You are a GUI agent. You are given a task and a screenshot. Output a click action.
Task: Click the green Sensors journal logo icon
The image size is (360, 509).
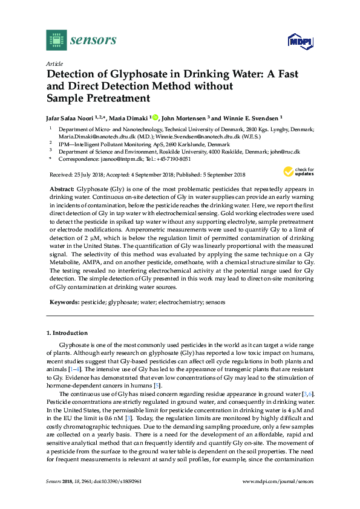click(56, 40)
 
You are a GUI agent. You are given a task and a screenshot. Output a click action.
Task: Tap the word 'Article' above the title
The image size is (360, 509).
click(54, 63)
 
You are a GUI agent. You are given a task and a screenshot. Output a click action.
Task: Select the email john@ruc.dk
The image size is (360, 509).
click(287, 152)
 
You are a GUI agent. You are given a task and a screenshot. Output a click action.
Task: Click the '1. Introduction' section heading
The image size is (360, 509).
click(67, 333)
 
